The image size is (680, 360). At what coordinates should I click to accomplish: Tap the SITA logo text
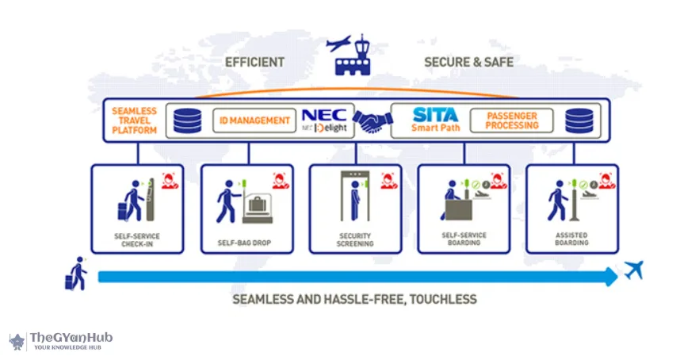(x=435, y=114)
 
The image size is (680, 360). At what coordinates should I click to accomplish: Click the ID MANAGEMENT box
(x=254, y=121)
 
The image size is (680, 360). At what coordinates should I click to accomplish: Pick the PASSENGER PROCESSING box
(x=512, y=121)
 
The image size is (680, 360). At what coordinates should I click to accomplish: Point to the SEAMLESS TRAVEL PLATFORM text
(x=135, y=120)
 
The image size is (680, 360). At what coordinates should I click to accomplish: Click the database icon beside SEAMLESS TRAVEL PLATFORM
(x=186, y=121)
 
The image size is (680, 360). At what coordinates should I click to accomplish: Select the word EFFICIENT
(x=254, y=62)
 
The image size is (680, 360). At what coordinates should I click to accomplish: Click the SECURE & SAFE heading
(x=468, y=62)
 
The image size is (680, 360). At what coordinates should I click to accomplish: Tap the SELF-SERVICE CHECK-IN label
(x=136, y=239)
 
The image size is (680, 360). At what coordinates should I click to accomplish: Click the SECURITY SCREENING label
(x=355, y=239)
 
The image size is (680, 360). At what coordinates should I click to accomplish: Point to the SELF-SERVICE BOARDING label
(x=464, y=239)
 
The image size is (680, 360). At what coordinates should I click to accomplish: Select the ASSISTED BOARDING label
(x=572, y=239)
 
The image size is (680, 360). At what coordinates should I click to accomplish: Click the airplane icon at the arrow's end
(x=633, y=271)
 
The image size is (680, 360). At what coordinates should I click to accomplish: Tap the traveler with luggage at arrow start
(x=75, y=274)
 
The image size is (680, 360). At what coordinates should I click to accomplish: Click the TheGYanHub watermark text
(x=71, y=337)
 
